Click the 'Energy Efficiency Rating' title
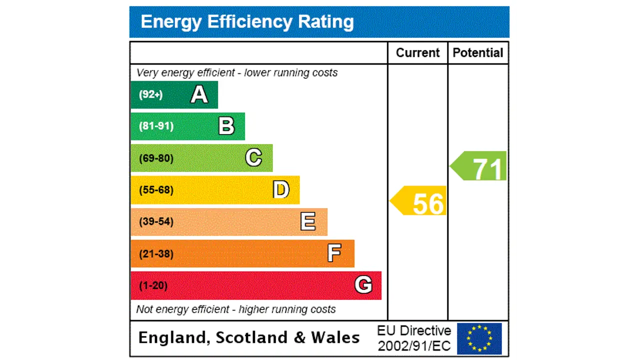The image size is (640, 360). [247, 22]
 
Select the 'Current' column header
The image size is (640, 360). [417, 53]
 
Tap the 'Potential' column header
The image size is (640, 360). [477, 53]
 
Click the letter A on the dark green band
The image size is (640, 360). [199, 94]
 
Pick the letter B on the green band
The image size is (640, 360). [226, 126]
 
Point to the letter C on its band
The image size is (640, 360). [253, 158]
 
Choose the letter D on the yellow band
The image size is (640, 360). [281, 190]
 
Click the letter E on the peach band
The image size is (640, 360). [308, 221]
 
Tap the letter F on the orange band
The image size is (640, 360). [334, 253]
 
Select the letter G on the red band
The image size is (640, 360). [363, 285]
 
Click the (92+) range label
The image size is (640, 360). [150, 94]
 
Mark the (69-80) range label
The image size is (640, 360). [156, 158]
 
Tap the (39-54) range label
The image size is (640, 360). [156, 221]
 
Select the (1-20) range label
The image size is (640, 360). [153, 285]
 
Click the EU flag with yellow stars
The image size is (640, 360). [479, 338]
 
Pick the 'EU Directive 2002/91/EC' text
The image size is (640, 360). [414, 338]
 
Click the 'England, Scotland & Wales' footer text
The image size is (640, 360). [248, 337]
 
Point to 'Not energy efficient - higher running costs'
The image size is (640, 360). [235, 309]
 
